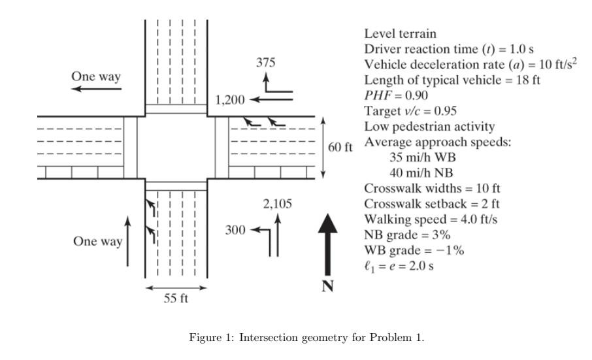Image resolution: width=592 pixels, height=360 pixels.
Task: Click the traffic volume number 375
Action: click(x=265, y=63)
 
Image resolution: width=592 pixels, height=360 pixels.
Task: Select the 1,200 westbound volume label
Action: click(x=230, y=100)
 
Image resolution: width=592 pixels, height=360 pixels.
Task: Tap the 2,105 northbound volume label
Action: click(x=277, y=203)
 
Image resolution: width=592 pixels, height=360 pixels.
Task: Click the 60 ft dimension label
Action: click(x=340, y=147)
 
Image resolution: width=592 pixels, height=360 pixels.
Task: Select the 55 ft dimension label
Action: click(x=176, y=299)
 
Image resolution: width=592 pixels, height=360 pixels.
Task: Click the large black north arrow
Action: click(x=328, y=242)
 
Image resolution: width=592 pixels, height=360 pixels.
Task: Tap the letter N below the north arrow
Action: click(x=328, y=286)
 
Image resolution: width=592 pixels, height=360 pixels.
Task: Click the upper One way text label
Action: click(x=96, y=76)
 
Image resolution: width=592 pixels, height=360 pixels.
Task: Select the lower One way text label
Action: click(x=97, y=241)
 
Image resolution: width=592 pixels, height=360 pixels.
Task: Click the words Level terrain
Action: click(x=400, y=33)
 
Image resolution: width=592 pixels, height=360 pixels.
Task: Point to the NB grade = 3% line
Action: click(x=408, y=235)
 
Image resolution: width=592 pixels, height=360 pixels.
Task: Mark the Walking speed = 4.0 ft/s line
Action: click(x=431, y=220)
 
